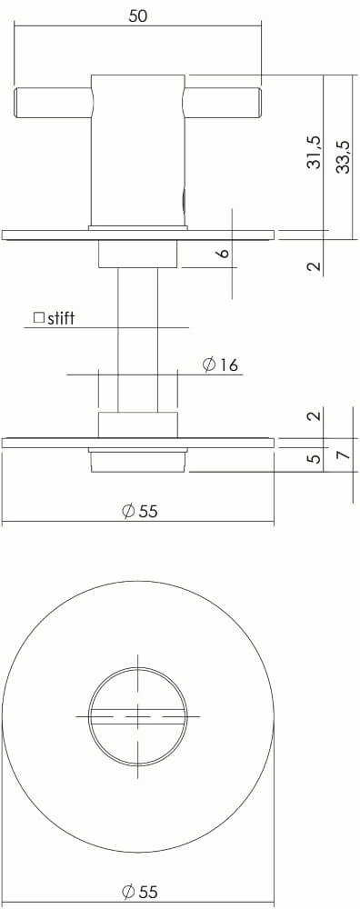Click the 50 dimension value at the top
[x=138, y=15]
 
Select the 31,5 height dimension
[x=314, y=152]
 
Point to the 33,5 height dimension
[x=342, y=156]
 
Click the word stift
[x=62, y=318]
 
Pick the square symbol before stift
[x=38, y=318]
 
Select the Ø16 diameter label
[x=220, y=365]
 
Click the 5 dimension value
[x=314, y=459]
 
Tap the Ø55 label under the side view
[x=140, y=511]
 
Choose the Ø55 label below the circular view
[x=140, y=893]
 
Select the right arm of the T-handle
[x=223, y=102]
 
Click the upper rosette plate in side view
[x=137, y=235]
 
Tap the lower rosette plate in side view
[x=137, y=443]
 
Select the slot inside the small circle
[x=137, y=717]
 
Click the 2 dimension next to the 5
[x=314, y=415]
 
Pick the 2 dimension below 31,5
[x=314, y=266]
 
